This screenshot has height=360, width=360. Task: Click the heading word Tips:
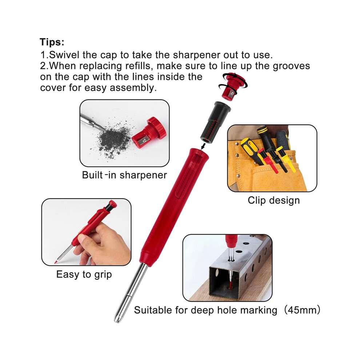click(52, 42)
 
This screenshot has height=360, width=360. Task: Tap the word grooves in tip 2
click(291, 66)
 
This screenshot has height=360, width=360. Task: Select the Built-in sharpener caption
click(124, 175)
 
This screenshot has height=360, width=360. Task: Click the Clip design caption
click(274, 200)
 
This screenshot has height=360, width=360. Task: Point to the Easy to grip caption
click(84, 275)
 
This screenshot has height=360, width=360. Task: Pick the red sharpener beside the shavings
click(149, 134)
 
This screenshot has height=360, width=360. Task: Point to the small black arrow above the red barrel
click(203, 145)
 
